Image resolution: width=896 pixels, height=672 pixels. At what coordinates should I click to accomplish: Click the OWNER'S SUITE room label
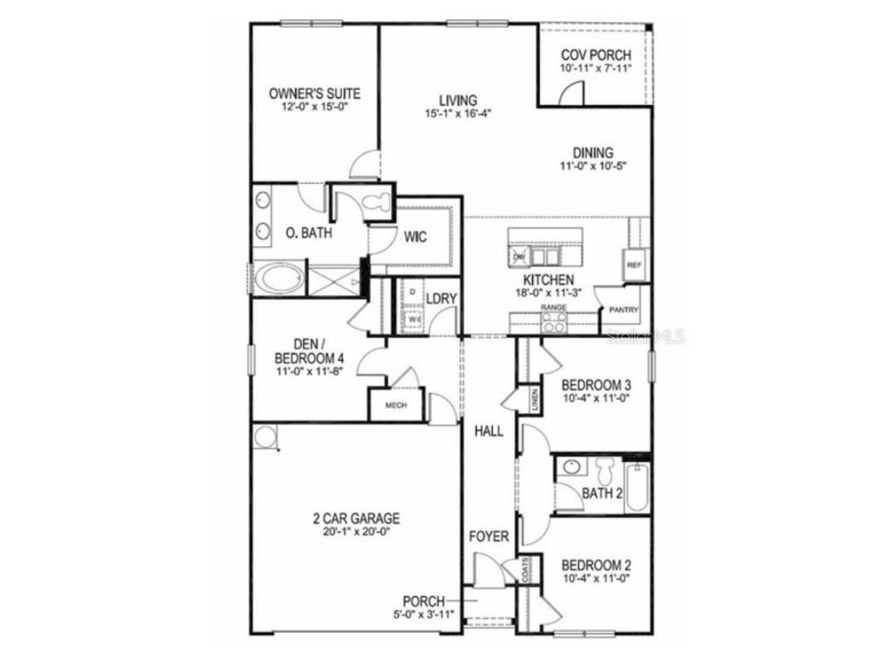(x=314, y=94)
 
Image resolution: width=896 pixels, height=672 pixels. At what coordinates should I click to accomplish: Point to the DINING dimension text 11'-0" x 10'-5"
(x=594, y=166)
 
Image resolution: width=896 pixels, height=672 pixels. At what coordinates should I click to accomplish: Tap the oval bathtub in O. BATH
(x=277, y=279)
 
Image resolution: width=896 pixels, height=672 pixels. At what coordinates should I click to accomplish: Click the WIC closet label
(x=415, y=237)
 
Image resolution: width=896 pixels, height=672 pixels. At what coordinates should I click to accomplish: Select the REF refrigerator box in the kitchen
(x=633, y=262)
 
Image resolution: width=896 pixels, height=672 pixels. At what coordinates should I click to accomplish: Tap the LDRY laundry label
(x=441, y=298)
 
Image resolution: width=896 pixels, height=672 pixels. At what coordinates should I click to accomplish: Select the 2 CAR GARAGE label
(x=356, y=518)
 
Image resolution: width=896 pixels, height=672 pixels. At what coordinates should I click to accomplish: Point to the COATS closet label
(x=527, y=571)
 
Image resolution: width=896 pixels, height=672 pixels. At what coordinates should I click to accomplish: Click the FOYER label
(x=488, y=535)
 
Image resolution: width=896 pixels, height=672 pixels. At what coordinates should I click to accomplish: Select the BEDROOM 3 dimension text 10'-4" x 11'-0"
(x=595, y=398)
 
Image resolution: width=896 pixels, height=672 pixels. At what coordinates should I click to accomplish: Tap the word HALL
(x=488, y=430)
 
